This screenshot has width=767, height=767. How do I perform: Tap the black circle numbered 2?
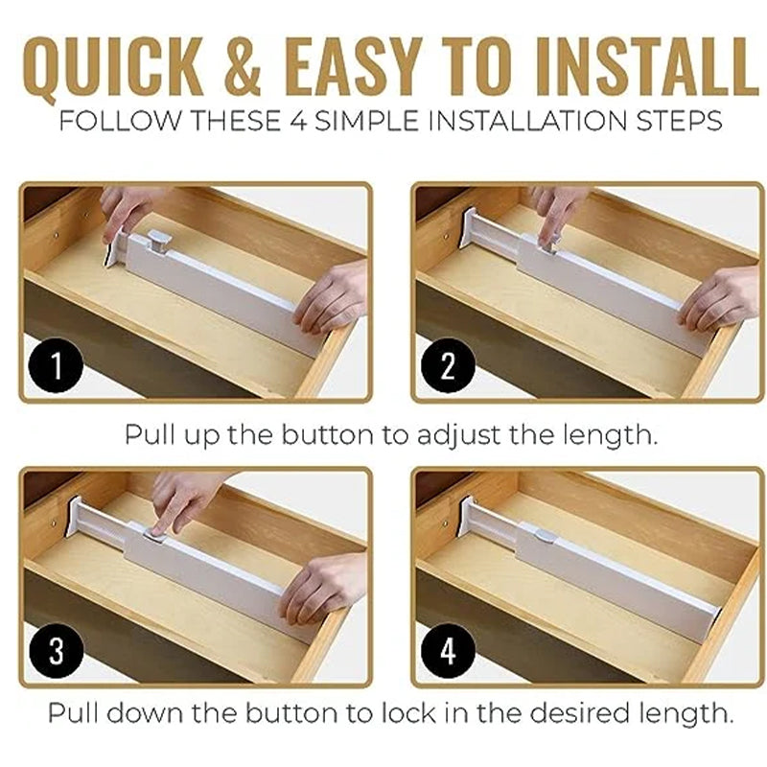click(x=448, y=365)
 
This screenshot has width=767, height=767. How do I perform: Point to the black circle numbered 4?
click(x=448, y=651)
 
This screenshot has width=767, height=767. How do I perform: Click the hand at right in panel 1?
click(x=332, y=297)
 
